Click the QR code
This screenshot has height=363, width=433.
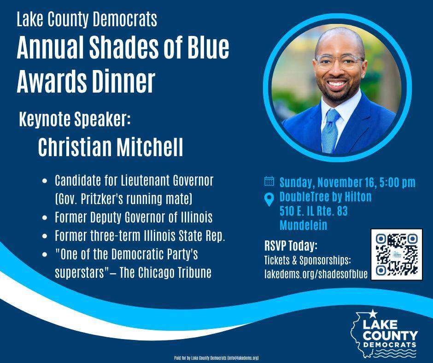point(397,254)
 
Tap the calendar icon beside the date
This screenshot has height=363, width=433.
point(269,181)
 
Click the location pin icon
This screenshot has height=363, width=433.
point(269,199)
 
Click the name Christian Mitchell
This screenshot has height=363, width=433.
point(111,147)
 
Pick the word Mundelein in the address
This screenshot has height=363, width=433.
point(303,225)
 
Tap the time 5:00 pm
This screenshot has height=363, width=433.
point(397,182)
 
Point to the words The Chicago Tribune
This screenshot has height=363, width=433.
point(166,272)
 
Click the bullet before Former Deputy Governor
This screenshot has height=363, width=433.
point(45,217)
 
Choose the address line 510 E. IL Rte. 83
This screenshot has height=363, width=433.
point(313,211)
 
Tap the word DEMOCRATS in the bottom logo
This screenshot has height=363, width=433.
point(390,345)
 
